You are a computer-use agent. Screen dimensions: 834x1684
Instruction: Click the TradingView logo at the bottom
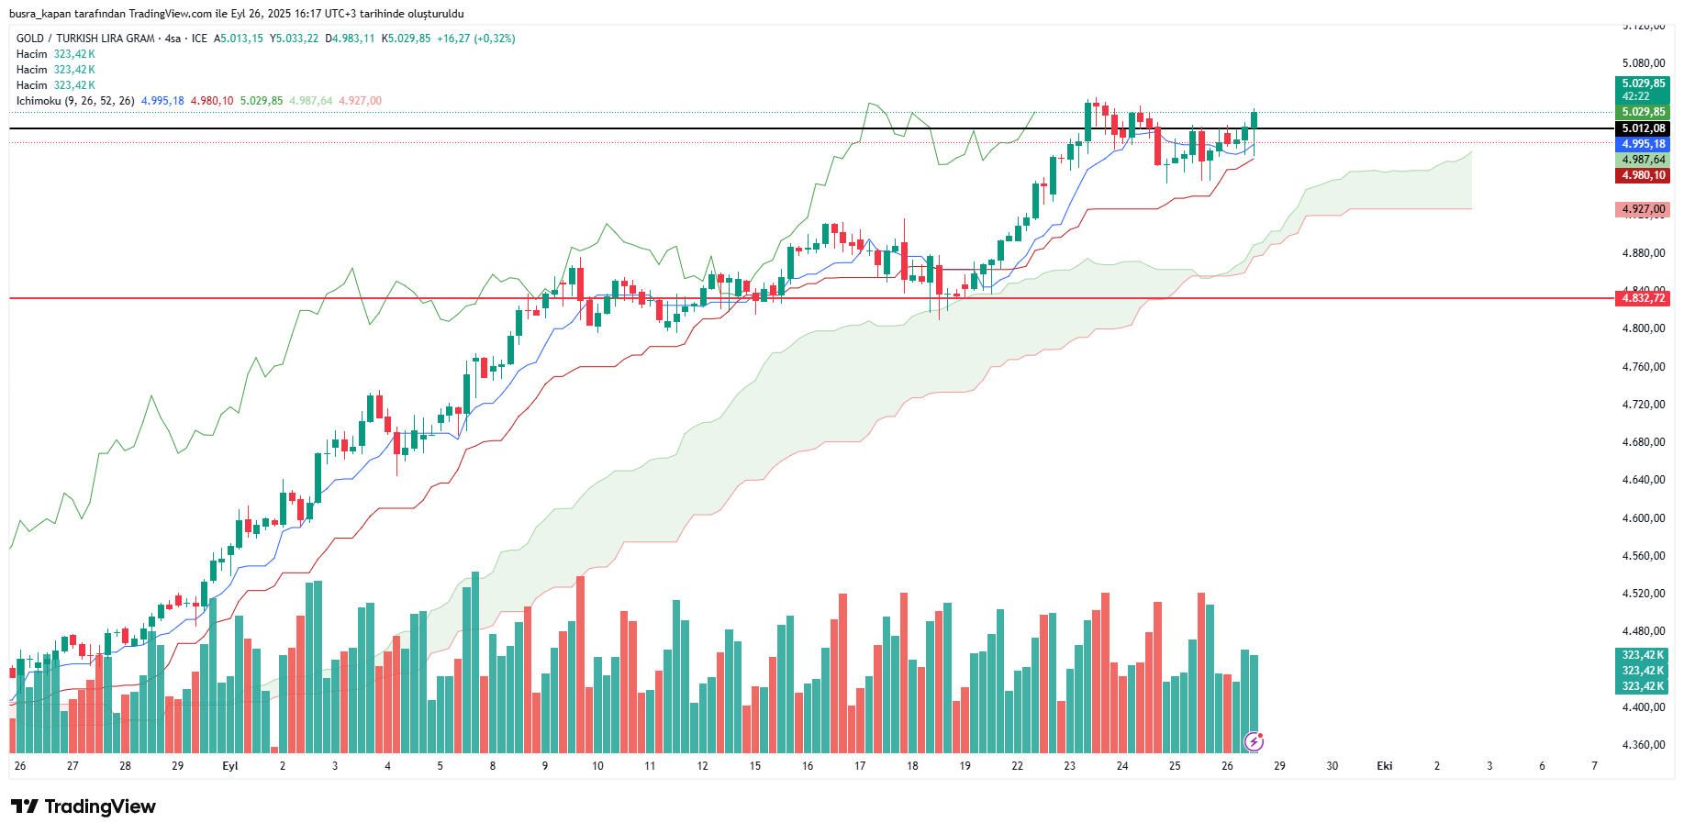click(84, 806)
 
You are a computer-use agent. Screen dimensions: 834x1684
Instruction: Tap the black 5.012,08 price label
click(1642, 128)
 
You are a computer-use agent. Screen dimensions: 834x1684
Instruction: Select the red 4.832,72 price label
click(1642, 298)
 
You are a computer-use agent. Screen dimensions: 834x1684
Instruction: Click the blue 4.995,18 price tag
click(1642, 144)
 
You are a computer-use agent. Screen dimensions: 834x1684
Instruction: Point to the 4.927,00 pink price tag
click(1642, 209)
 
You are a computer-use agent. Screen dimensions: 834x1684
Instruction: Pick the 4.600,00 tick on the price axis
click(1643, 518)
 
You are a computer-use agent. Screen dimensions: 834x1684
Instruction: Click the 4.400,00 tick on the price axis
click(1643, 707)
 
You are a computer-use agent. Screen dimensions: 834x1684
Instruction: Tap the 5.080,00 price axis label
click(1643, 63)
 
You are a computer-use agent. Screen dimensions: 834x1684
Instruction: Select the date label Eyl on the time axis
click(230, 766)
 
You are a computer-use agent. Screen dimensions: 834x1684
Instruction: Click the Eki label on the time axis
click(1384, 766)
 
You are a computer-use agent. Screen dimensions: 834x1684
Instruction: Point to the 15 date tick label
click(754, 766)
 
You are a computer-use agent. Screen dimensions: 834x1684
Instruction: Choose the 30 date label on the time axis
click(1332, 766)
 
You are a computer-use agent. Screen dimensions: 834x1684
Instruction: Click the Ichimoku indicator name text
click(39, 101)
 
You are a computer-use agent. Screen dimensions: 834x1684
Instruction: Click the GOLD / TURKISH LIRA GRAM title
click(85, 39)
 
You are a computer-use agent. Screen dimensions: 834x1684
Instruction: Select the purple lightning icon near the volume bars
click(1254, 740)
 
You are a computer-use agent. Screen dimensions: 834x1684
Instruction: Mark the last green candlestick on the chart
click(1254, 120)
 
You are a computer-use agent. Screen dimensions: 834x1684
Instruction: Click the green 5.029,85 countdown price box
click(1642, 89)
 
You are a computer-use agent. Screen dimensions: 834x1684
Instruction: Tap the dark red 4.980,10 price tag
click(1642, 175)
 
